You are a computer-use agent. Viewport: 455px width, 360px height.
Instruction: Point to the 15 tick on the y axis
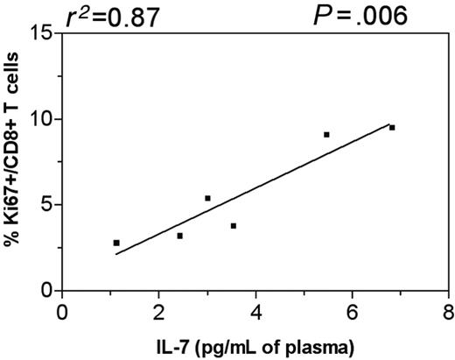pyautogui.click(x=38, y=33)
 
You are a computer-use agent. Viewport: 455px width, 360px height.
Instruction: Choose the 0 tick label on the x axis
pyautogui.click(x=62, y=313)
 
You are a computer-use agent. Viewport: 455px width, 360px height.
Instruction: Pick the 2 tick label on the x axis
pyautogui.click(x=158, y=313)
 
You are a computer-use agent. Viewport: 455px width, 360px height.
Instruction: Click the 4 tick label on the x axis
pyautogui.click(x=255, y=313)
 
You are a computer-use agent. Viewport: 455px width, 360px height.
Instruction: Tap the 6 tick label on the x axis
pyautogui.click(x=352, y=313)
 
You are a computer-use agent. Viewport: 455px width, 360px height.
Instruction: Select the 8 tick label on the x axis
pyautogui.click(x=448, y=313)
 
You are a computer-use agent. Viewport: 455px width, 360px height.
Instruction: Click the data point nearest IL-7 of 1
pyautogui.click(x=116, y=243)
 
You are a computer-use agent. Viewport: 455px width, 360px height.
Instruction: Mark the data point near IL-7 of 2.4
pyautogui.click(x=179, y=236)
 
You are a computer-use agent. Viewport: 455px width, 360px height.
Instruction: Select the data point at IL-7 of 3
pyautogui.click(x=207, y=198)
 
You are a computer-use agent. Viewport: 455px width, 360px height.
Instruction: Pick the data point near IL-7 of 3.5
pyautogui.click(x=234, y=226)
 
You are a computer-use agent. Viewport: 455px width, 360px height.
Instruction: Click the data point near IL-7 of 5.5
pyautogui.click(x=326, y=135)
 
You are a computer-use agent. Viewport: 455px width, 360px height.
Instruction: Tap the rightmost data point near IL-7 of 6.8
pyautogui.click(x=392, y=128)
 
